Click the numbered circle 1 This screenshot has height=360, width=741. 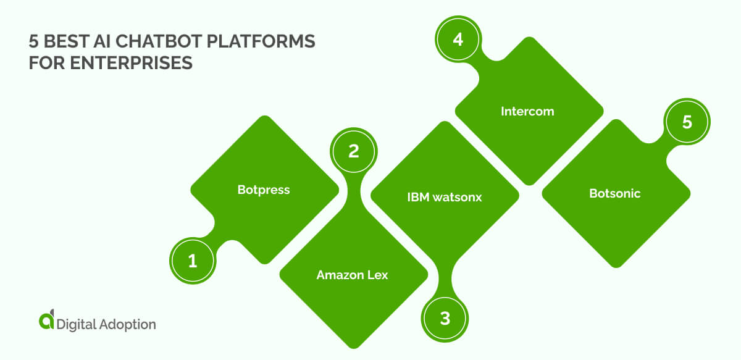click(x=193, y=261)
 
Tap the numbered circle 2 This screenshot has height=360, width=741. click(x=354, y=151)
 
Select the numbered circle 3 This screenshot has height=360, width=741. click(x=445, y=319)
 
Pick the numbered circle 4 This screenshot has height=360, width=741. click(x=458, y=38)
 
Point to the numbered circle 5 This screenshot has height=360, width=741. click(x=687, y=122)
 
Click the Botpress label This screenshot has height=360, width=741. click(x=264, y=190)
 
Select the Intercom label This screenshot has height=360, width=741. click(x=527, y=112)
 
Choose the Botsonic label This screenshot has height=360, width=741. click(x=614, y=193)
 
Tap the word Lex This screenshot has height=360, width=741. click(x=376, y=275)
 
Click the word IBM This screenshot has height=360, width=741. click(x=417, y=198)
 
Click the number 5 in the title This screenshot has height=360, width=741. click(x=33, y=43)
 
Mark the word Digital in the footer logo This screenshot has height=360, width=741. click(x=75, y=324)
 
